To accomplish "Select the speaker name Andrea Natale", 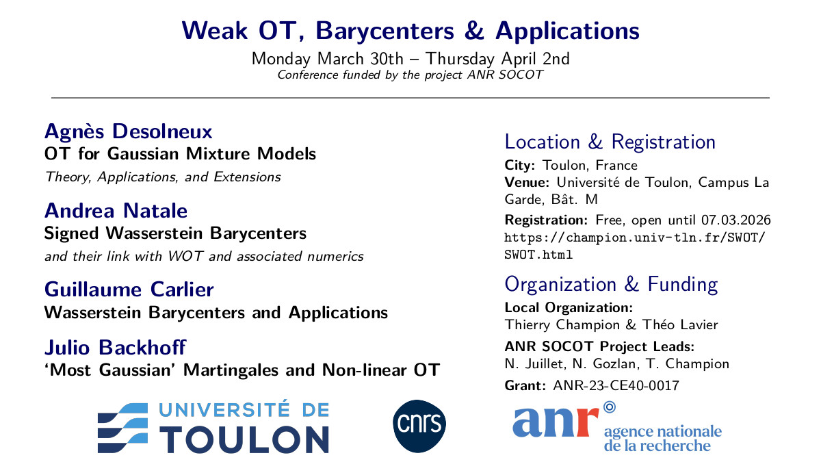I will coord(116,210).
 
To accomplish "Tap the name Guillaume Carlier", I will coord(129,290).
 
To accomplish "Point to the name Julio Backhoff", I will coord(115,348).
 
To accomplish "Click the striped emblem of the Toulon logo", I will coord(123,428).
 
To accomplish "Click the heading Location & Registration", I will coord(610,142).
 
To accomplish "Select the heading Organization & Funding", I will coord(610,284).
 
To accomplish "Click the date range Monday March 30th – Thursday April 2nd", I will coord(410,58).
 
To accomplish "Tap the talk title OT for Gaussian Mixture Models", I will coord(180,154).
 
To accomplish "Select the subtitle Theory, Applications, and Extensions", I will coord(163,177).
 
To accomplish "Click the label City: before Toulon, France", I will coord(521,165).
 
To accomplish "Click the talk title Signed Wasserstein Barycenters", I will coord(175,233).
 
